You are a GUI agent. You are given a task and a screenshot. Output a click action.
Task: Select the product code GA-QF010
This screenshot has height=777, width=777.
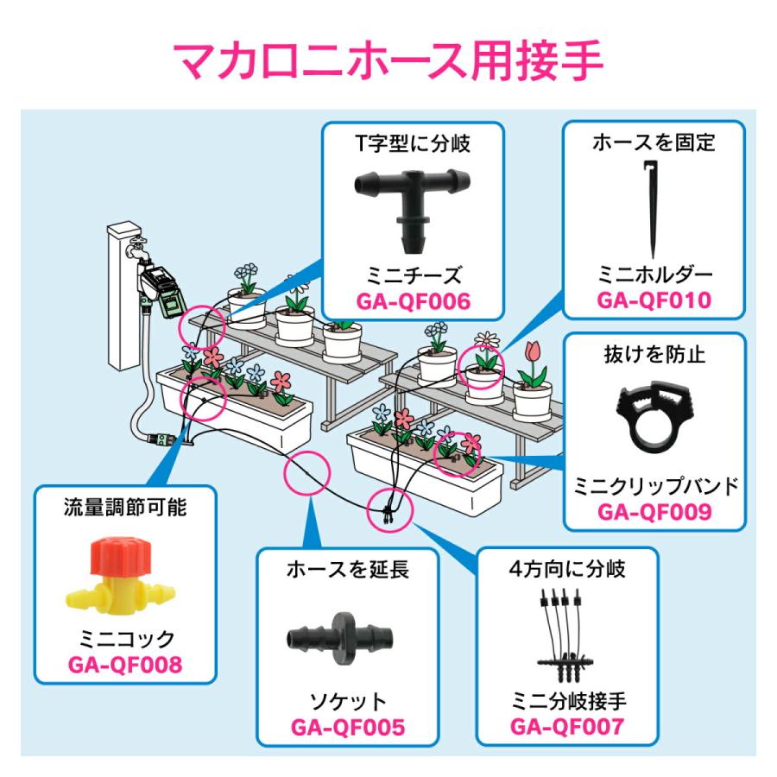pyautogui.click(x=654, y=302)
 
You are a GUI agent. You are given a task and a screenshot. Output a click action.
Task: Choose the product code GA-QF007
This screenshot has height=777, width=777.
pyautogui.click(x=566, y=727)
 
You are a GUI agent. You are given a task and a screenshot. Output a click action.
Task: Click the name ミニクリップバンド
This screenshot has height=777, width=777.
pyautogui.click(x=654, y=486)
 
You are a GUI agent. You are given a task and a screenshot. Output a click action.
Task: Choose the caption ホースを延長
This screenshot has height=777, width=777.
pyautogui.click(x=347, y=570)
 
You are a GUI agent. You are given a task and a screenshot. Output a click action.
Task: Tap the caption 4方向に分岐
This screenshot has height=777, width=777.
pyautogui.click(x=566, y=570)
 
